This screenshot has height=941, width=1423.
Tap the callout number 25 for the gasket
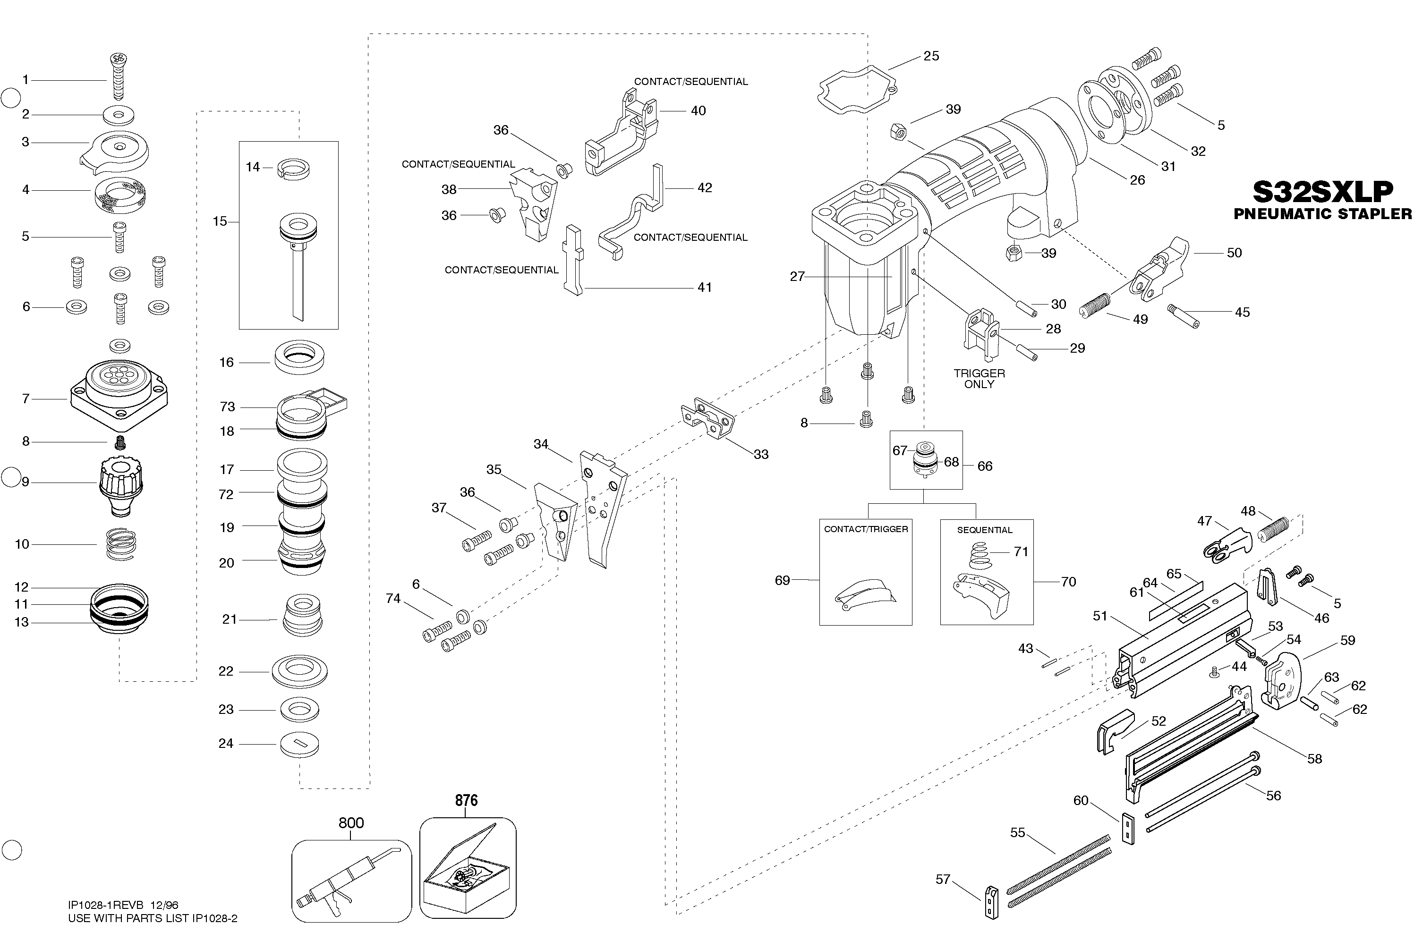click(931, 56)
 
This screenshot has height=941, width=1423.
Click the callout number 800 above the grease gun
click(351, 823)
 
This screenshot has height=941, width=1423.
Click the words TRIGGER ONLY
click(980, 379)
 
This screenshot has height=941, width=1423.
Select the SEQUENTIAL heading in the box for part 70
click(984, 530)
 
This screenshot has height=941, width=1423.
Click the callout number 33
click(761, 454)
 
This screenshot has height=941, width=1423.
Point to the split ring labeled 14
click(293, 169)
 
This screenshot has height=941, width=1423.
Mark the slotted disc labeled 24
click(299, 745)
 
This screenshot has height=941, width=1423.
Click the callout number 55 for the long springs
click(1017, 832)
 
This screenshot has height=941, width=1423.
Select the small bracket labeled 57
click(991, 903)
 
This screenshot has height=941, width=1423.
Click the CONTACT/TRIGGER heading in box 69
click(865, 529)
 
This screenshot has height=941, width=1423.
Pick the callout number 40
click(698, 111)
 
